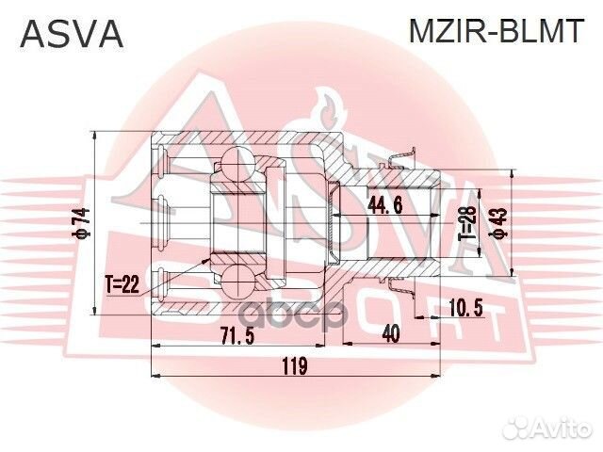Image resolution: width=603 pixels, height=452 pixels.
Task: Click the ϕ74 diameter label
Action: click(82, 223)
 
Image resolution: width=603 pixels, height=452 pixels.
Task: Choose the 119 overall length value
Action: click(295, 367)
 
